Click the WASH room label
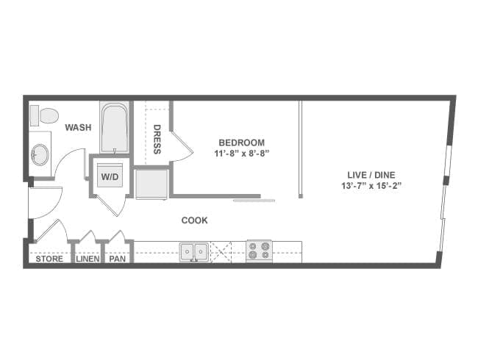coord(78,127)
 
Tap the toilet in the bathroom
coord(47,115)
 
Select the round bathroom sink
coord(40,154)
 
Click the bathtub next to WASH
coord(115,129)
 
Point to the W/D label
coord(110,177)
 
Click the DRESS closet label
coord(157,140)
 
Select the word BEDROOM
coord(241,143)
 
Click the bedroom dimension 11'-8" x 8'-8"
coord(241,154)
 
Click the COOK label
coord(194,220)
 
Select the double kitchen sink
coord(194,251)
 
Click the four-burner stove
coord(260,251)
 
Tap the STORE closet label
coord(49,259)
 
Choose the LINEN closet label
coord(87,259)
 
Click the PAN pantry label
coord(117,259)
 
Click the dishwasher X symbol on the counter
coord(221,251)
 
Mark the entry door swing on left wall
coord(44,202)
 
